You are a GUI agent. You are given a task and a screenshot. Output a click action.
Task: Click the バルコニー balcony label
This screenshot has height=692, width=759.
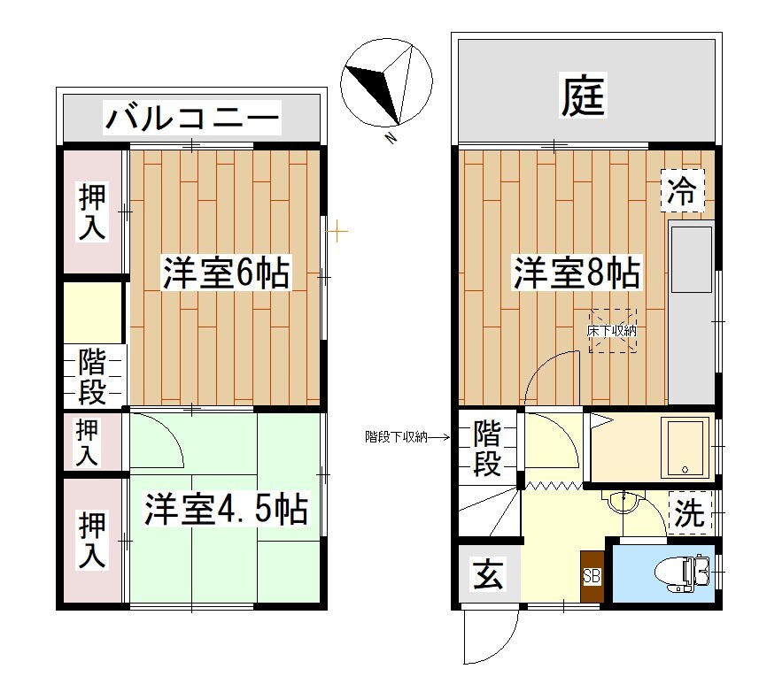(192, 117)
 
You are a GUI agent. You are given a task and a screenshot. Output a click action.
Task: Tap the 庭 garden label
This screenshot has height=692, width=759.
(584, 96)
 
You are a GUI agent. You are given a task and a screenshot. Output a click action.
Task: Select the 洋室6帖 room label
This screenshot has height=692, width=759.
(226, 273)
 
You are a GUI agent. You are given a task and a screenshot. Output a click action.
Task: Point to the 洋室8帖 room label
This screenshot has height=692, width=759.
(577, 273)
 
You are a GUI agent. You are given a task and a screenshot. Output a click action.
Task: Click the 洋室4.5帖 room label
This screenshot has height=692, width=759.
(226, 511)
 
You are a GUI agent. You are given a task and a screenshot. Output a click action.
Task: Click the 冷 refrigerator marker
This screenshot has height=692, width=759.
(682, 190)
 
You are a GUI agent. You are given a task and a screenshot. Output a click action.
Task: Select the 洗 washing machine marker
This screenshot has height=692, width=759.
(689, 514)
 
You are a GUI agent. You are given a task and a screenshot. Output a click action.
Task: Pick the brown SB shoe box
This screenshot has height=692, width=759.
(592, 577)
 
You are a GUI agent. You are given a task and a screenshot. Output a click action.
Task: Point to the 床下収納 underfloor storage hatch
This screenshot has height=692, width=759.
(614, 331)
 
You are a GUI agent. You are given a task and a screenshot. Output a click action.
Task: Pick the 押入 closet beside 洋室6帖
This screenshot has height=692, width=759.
(93, 212)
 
